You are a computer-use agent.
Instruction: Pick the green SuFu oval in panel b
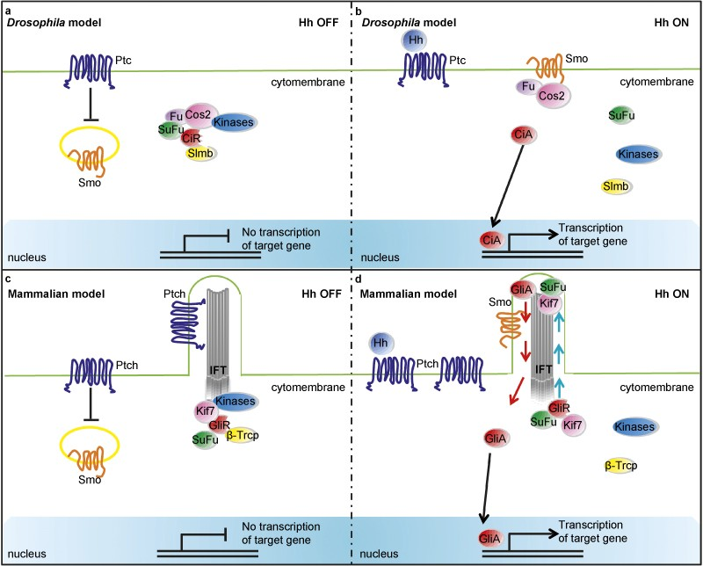(623, 116)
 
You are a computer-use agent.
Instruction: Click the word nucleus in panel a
(27, 258)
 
